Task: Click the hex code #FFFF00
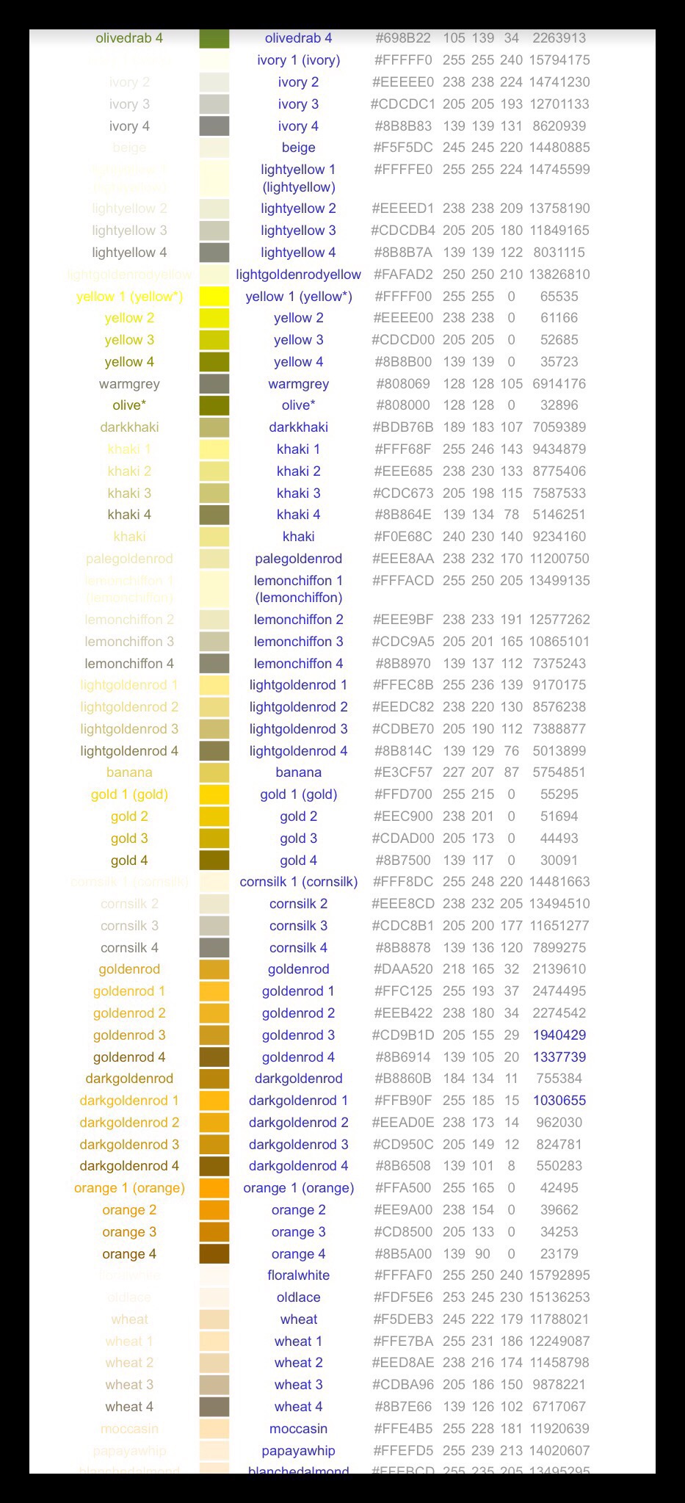tap(403, 297)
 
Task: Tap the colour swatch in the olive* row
tap(214, 405)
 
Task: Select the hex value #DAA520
tap(403, 969)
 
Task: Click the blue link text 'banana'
tap(298, 772)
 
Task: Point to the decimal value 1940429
tap(559, 1035)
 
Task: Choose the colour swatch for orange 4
tap(214, 1254)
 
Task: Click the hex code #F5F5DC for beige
tap(403, 148)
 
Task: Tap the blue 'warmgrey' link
tap(298, 384)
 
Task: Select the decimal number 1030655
tap(559, 1101)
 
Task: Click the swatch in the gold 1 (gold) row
tap(214, 794)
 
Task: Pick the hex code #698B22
tap(403, 38)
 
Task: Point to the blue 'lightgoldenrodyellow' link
tap(298, 275)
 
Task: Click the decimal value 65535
tap(559, 297)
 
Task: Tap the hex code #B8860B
tap(403, 1079)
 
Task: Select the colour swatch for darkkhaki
tap(214, 427)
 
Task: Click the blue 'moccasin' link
tap(298, 1429)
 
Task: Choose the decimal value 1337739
tap(559, 1057)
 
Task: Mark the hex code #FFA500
tap(403, 1188)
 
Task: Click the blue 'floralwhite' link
tap(298, 1275)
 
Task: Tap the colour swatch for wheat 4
tap(214, 1407)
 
